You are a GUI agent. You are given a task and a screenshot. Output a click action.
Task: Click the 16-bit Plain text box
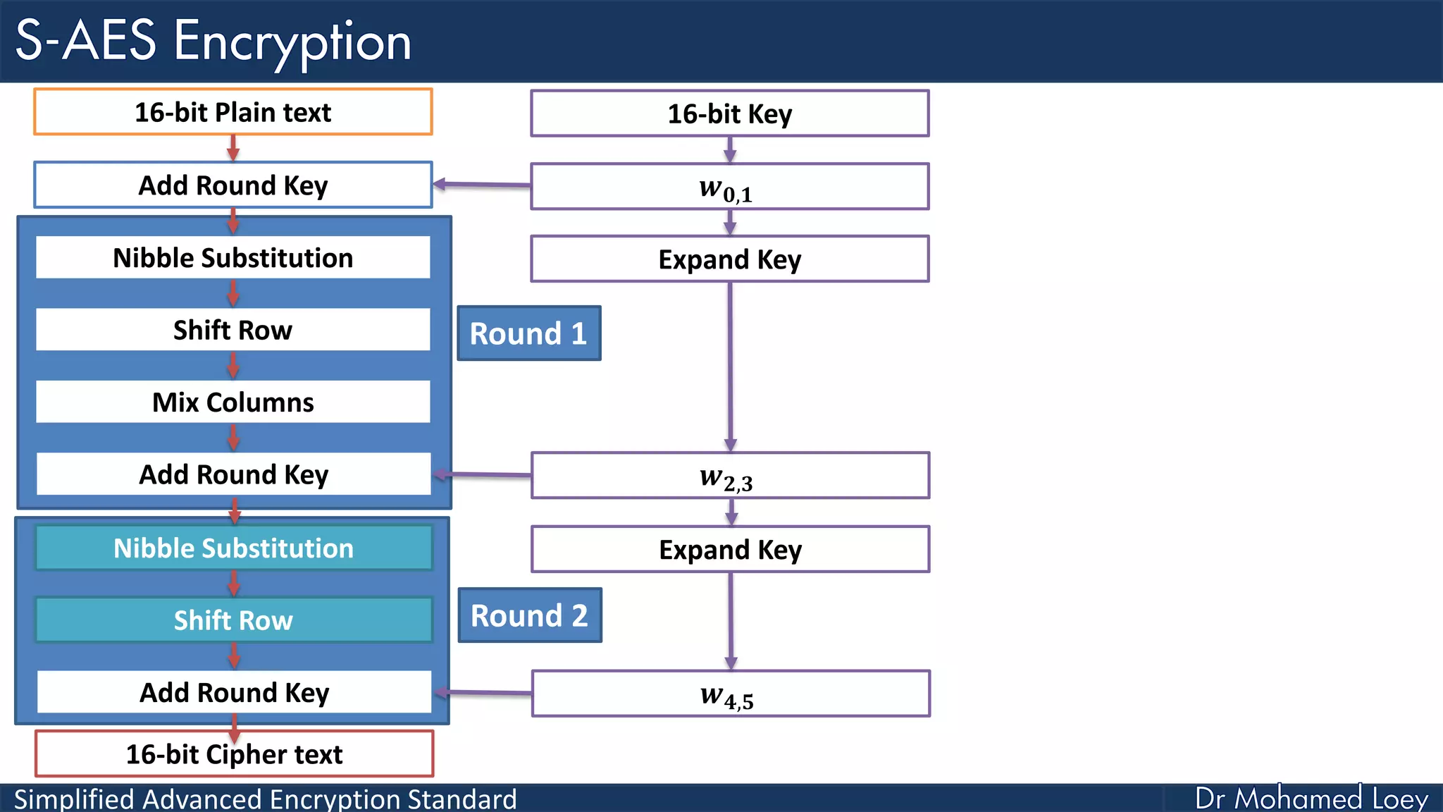point(233,112)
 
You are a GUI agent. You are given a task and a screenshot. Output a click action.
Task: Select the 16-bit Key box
point(729,113)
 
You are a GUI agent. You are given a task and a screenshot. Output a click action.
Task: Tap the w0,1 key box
point(729,187)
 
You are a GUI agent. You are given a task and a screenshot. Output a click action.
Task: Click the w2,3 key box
point(729,476)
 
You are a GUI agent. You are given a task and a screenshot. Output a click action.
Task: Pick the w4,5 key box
point(730,694)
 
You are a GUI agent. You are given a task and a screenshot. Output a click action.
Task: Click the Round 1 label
point(528,333)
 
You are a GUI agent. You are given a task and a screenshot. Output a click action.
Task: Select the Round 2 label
point(529,615)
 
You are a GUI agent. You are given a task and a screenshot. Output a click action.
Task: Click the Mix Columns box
point(233,402)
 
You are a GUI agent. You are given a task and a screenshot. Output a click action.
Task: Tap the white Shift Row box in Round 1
point(233,330)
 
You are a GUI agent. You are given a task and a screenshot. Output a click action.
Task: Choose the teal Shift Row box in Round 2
point(233,620)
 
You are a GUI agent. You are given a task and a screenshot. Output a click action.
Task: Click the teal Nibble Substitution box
point(233,548)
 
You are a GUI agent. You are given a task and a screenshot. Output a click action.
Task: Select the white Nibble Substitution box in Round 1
point(233,258)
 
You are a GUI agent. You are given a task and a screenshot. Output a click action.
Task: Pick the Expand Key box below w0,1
point(729,259)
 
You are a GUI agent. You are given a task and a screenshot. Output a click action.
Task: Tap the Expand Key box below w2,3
point(730,550)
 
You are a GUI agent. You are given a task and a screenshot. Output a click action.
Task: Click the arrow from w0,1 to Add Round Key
point(482,185)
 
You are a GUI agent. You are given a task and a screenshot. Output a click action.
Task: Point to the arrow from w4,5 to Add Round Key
point(483,693)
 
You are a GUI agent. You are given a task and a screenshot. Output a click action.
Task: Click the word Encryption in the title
point(292,42)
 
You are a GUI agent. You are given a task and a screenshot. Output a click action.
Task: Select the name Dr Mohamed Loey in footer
point(1311,799)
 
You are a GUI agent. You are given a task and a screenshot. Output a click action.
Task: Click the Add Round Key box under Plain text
point(233,185)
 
